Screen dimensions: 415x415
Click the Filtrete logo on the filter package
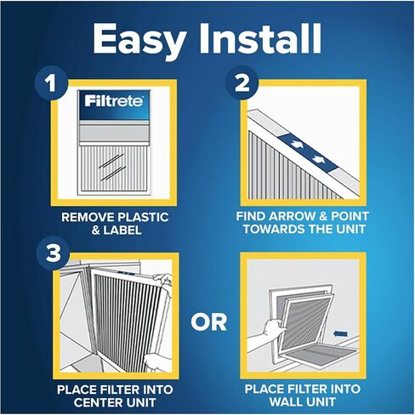(114, 102)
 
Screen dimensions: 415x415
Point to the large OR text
(208, 322)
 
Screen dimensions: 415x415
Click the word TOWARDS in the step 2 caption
(287, 230)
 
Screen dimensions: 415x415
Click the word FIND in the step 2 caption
(253, 217)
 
